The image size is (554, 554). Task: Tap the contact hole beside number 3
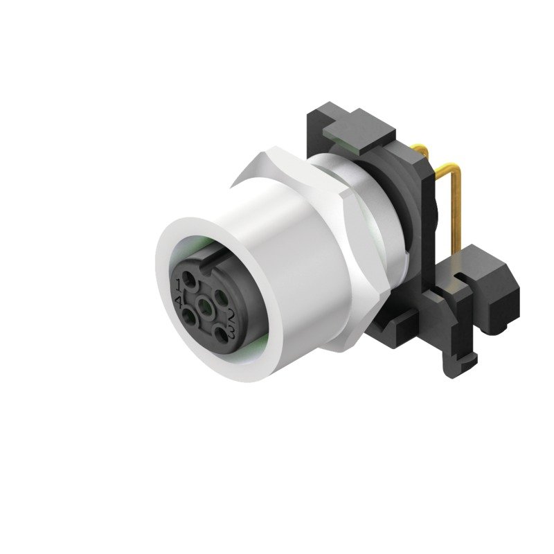click(x=220, y=332)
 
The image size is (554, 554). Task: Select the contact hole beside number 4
click(x=188, y=317)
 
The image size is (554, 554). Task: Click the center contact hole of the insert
click(x=205, y=305)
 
